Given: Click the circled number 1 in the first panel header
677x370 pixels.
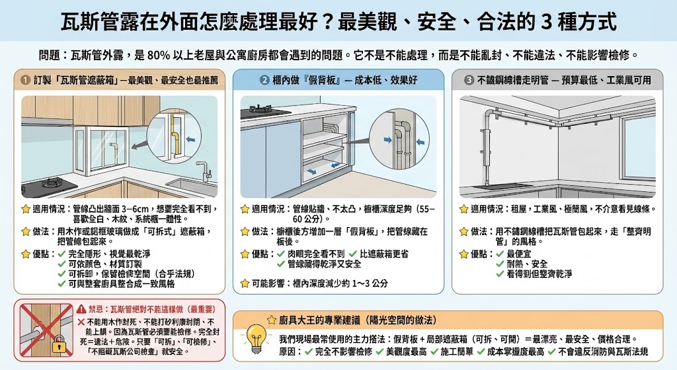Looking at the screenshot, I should pos(24,80).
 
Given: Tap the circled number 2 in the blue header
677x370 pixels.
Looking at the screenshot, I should pos(265,80).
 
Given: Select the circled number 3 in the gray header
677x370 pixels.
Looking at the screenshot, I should pos(469,80).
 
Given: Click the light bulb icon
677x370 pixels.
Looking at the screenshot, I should pos(255,337).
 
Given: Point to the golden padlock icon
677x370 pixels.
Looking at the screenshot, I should pos(57,344).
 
